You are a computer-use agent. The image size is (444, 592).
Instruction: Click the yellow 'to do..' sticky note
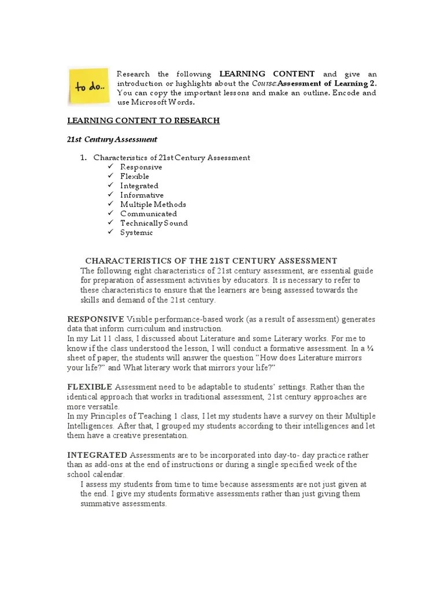click(x=88, y=87)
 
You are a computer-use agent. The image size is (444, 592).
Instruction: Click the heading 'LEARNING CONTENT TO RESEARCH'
click(x=143, y=121)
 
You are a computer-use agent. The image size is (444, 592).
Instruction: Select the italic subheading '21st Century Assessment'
click(x=112, y=139)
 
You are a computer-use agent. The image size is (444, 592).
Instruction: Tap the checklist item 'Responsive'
click(x=141, y=167)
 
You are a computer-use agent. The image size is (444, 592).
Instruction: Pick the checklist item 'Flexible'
click(x=135, y=176)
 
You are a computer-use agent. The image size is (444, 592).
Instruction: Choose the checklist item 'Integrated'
click(x=139, y=186)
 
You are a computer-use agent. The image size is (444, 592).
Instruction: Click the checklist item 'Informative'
click(x=142, y=195)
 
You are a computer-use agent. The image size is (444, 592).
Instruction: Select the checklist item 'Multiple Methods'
click(x=153, y=204)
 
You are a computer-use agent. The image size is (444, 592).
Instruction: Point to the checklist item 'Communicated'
click(x=149, y=214)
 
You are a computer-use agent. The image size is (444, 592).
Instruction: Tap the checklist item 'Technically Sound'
click(x=154, y=223)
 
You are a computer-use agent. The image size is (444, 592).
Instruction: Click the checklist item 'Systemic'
click(x=136, y=232)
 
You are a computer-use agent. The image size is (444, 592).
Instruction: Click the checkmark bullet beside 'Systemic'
click(x=110, y=232)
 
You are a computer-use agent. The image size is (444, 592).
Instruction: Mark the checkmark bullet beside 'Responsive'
click(x=110, y=167)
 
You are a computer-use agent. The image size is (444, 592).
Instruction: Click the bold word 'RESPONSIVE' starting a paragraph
click(x=95, y=319)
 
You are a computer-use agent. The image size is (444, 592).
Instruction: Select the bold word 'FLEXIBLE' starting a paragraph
click(x=90, y=386)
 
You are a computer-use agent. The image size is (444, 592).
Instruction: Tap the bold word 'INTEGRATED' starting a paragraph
click(x=97, y=456)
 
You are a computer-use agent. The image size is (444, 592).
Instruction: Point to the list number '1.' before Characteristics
click(x=83, y=158)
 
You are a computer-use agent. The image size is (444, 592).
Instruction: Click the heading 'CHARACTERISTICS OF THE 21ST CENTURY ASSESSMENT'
click(x=211, y=261)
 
